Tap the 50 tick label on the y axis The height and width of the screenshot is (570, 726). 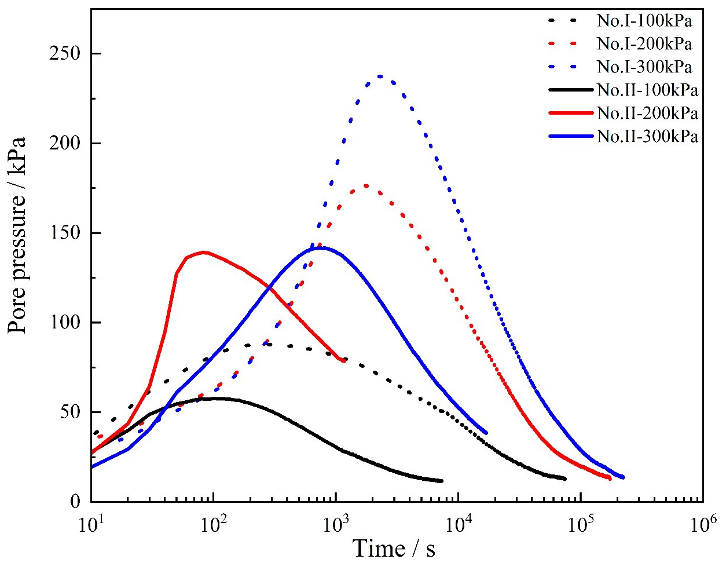(x=72, y=412)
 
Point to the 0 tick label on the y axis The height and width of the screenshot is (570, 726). (x=77, y=502)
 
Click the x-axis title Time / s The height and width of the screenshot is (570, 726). (x=394, y=548)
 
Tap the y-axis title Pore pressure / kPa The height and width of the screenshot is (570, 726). (x=19, y=235)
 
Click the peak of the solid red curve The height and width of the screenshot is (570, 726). (x=204, y=252)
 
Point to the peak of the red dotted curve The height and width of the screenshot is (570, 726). (x=366, y=185)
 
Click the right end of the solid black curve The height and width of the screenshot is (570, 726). (x=442, y=481)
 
